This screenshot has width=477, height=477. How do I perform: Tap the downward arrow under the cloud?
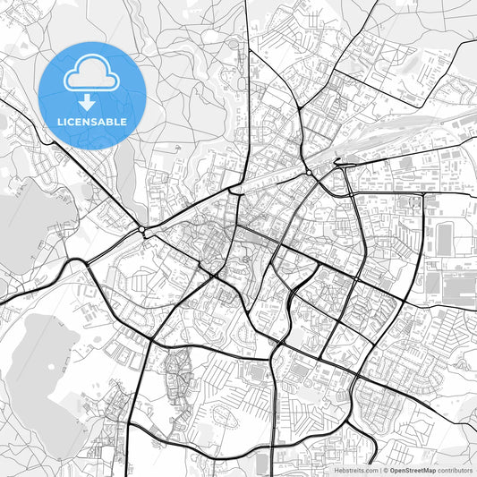point(92,99)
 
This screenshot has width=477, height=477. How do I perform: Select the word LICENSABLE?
point(92,122)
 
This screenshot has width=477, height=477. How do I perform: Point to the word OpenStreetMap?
point(412,470)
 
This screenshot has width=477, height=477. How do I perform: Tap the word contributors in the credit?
point(454,470)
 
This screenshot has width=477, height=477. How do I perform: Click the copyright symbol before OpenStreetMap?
point(385,470)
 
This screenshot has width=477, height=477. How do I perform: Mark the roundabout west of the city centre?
point(143,231)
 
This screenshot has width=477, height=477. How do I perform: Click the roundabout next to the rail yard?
point(308,172)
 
